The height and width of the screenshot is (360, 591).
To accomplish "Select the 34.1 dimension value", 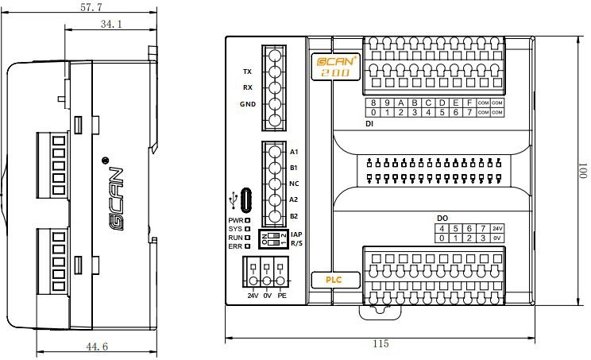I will point(111,25).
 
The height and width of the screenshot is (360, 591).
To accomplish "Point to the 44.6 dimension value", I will point(95,346).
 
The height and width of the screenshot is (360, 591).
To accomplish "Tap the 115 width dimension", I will point(380,344).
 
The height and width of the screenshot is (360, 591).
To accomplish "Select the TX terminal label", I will point(247,72).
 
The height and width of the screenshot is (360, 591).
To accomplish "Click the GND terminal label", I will point(247,104).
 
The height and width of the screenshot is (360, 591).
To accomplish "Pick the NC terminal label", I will point(294,184).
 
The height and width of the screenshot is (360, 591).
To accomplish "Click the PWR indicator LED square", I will point(248,220).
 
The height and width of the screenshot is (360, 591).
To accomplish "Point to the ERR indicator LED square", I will point(248,246).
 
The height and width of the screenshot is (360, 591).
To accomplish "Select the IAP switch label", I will point(296,234).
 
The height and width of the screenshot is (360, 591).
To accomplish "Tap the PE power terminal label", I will point(281,296).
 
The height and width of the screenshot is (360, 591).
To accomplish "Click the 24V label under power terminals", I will point(253,296).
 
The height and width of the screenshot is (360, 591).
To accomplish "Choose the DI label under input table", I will point(369,124).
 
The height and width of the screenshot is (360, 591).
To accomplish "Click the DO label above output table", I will point(442,218).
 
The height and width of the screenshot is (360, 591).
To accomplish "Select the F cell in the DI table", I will point(469,103).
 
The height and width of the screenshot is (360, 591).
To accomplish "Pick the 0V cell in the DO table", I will point(496,238).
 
